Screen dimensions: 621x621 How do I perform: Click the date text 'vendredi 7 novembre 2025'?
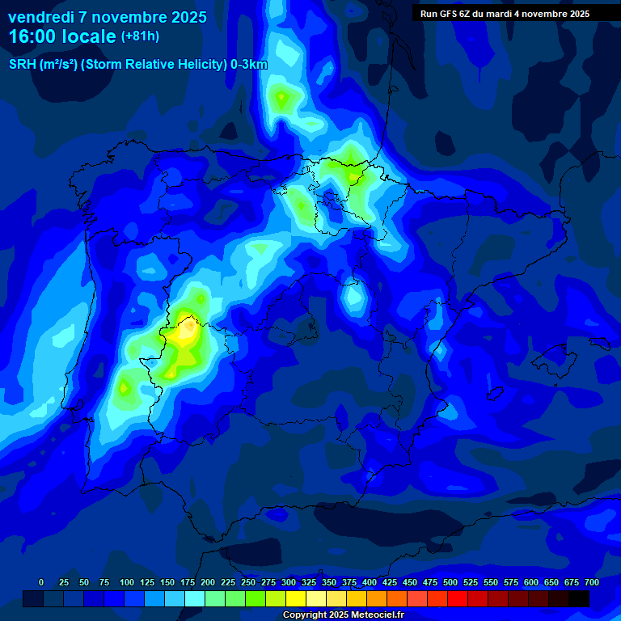pyautogui.click(x=108, y=17)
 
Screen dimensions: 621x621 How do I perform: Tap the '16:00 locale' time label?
pyautogui.click(x=62, y=36)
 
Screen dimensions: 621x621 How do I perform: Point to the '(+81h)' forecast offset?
pyautogui.click(x=140, y=36)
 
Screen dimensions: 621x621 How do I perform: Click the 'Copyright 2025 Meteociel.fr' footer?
pyautogui.click(x=343, y=615)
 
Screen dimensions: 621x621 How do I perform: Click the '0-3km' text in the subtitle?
pyautogui.click(x=248, y=65)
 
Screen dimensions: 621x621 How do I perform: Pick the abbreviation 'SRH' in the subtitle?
pyautogui.click(x=23, y=65)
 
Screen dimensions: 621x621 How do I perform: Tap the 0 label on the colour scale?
pyautogui.click(x=41, y=582)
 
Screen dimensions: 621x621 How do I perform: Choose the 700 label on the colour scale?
pyautogui.click(x=591, y=582)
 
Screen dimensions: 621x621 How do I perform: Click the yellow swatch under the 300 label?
pyautogui.click(x=296, y=598)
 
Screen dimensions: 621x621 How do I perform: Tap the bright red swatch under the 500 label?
pyautogui.click(x=458, y=598)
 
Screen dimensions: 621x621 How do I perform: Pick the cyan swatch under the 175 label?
pyautogui.click(x=195, y=598)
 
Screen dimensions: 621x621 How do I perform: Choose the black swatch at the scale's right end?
pyautogui.click(x=579, y=598)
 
